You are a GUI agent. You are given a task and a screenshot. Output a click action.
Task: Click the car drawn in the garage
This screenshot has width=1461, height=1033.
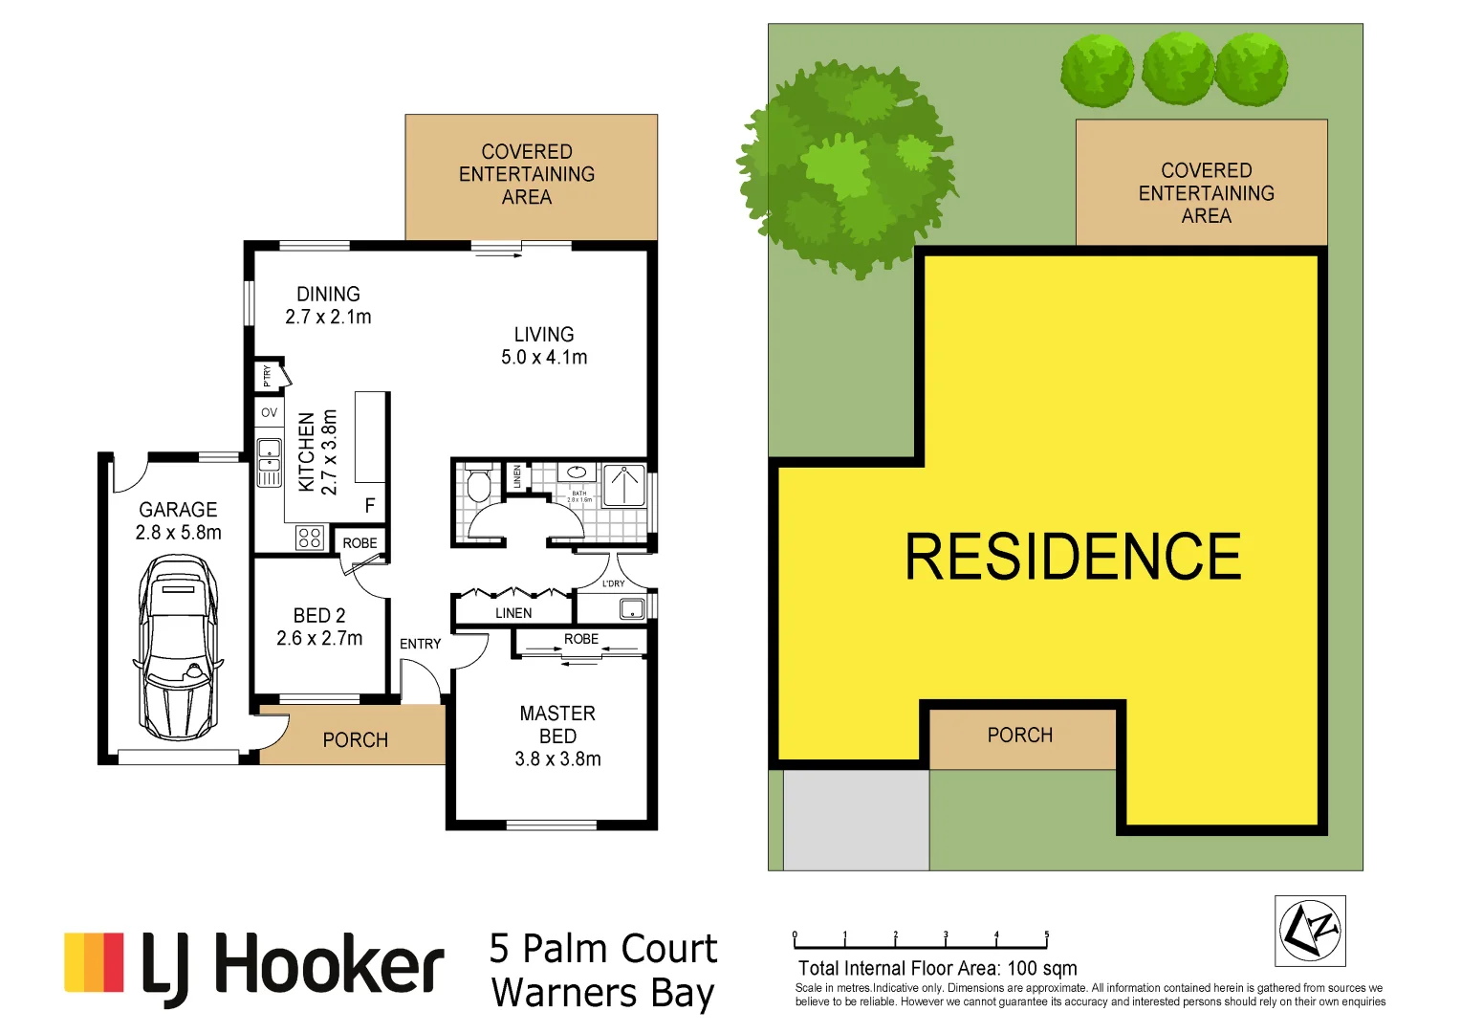(179, 650)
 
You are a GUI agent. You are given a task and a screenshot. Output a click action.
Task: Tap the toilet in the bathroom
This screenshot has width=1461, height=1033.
(478, 484)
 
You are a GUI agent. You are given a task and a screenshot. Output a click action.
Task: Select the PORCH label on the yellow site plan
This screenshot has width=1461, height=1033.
(1020, 736)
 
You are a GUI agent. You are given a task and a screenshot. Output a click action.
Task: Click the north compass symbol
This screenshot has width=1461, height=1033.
(1310, 931)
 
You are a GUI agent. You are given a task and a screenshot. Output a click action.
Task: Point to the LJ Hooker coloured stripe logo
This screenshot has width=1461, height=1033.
(94, 962)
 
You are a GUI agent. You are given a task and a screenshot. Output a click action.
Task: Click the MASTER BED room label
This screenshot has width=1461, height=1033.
(557, 725)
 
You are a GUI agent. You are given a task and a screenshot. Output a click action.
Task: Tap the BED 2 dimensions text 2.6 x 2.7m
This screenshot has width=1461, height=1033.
(319, 638)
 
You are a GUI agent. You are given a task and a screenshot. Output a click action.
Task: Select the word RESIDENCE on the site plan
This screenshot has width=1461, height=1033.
(1073, 558)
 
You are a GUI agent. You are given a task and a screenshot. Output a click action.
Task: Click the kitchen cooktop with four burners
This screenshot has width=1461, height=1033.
(309, 538)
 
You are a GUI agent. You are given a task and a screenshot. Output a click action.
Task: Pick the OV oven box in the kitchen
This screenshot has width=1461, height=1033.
(270, 413)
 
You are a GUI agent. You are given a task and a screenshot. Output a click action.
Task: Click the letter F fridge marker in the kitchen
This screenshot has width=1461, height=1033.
(370, 506)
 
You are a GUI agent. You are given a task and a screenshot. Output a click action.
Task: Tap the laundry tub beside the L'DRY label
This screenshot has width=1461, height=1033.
(632, 607)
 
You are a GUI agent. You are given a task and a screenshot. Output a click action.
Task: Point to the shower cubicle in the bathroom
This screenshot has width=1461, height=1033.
(624, 484)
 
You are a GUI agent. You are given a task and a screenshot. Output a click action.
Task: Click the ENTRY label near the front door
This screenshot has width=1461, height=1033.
(421, 644)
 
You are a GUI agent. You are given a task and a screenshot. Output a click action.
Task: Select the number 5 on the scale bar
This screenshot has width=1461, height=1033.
(1047, 935)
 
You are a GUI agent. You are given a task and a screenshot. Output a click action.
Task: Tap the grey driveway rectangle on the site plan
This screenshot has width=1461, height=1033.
(856, 820)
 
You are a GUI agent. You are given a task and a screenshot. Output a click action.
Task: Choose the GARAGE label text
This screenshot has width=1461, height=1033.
(178, 510)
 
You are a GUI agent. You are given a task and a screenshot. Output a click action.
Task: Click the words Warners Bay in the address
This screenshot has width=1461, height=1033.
(602, 994)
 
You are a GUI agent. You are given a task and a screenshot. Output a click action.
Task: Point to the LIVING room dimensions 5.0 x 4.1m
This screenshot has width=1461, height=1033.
(544, 358)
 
